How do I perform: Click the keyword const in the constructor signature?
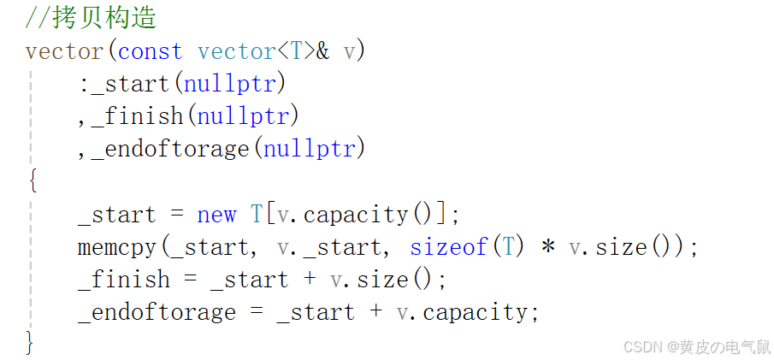click(151, 50)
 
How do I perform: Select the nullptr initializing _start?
click(233, 84)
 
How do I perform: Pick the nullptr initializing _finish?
click(242, 116)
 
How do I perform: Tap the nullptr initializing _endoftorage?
click(309, 149)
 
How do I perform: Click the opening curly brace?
click(32, 181)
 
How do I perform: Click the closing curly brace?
click(32, 344)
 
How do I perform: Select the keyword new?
click(217, 214)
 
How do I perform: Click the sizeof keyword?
click(448, 247)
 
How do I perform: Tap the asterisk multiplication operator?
click(548, 248)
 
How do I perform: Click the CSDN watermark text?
click(696, 346)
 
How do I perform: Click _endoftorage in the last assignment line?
click(157, 312)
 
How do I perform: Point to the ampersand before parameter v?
click(322, 50)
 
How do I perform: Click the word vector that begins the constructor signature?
click(65, 50)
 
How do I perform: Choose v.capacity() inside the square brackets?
click(358, 214)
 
